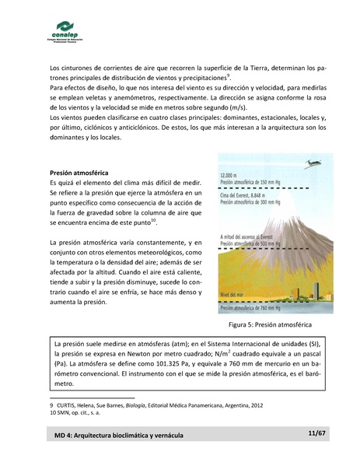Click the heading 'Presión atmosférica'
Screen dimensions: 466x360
click(79, 172)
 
